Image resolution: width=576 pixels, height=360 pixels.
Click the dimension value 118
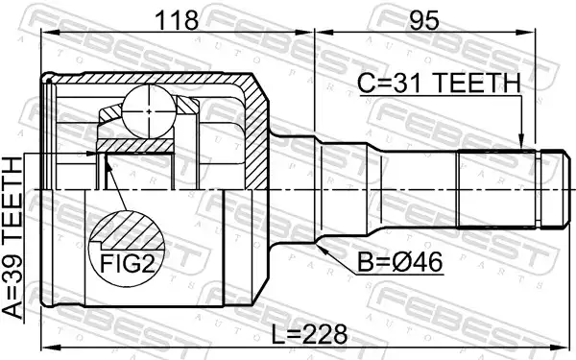point(177,20)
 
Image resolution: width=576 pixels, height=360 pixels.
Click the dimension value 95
point(424,20)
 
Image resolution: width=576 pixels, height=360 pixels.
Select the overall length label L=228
point(309,335)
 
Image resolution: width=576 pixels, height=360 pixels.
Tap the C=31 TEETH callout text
point(439,83)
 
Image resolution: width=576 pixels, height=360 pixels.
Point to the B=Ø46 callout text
point(400,262)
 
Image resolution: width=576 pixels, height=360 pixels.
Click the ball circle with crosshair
point(149,111)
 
